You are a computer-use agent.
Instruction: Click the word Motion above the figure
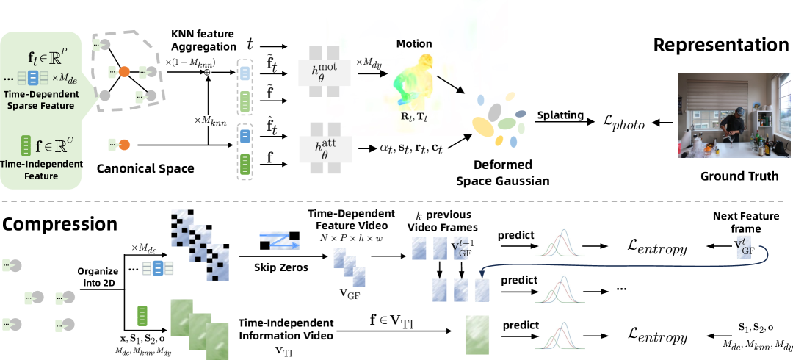point(414,44)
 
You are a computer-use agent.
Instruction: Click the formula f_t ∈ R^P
point(47,56)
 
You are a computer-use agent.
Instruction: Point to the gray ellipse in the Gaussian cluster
point(495,111)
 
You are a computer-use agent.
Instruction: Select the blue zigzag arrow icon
point(280,240)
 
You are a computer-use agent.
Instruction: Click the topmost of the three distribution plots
point(560,243)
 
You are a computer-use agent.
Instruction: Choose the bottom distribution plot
point(560,335)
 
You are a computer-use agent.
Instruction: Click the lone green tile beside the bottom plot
point(477,334)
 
